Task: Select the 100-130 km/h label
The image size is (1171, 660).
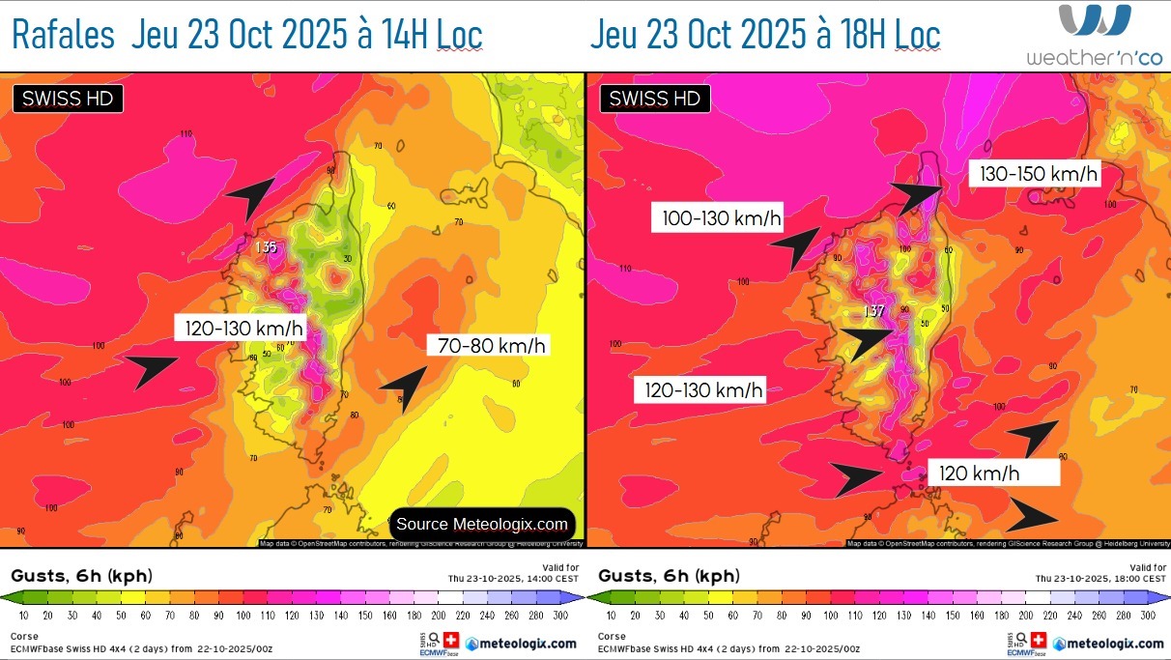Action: point(721,218)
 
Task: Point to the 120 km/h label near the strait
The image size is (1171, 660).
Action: point(980,473)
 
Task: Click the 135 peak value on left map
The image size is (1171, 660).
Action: point(266,247)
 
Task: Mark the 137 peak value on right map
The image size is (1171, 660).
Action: point(872,311)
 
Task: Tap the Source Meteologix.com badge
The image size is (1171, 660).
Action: point(482,524)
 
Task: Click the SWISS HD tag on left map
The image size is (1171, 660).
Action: point(67,99)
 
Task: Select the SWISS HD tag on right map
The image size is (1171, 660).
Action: point(654,99)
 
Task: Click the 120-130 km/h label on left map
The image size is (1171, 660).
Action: point(244,329)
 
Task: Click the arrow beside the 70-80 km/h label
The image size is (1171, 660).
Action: point(405,387)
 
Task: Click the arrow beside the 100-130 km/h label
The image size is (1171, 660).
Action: point(794,248)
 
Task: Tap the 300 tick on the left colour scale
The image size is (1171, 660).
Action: point(563,615)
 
